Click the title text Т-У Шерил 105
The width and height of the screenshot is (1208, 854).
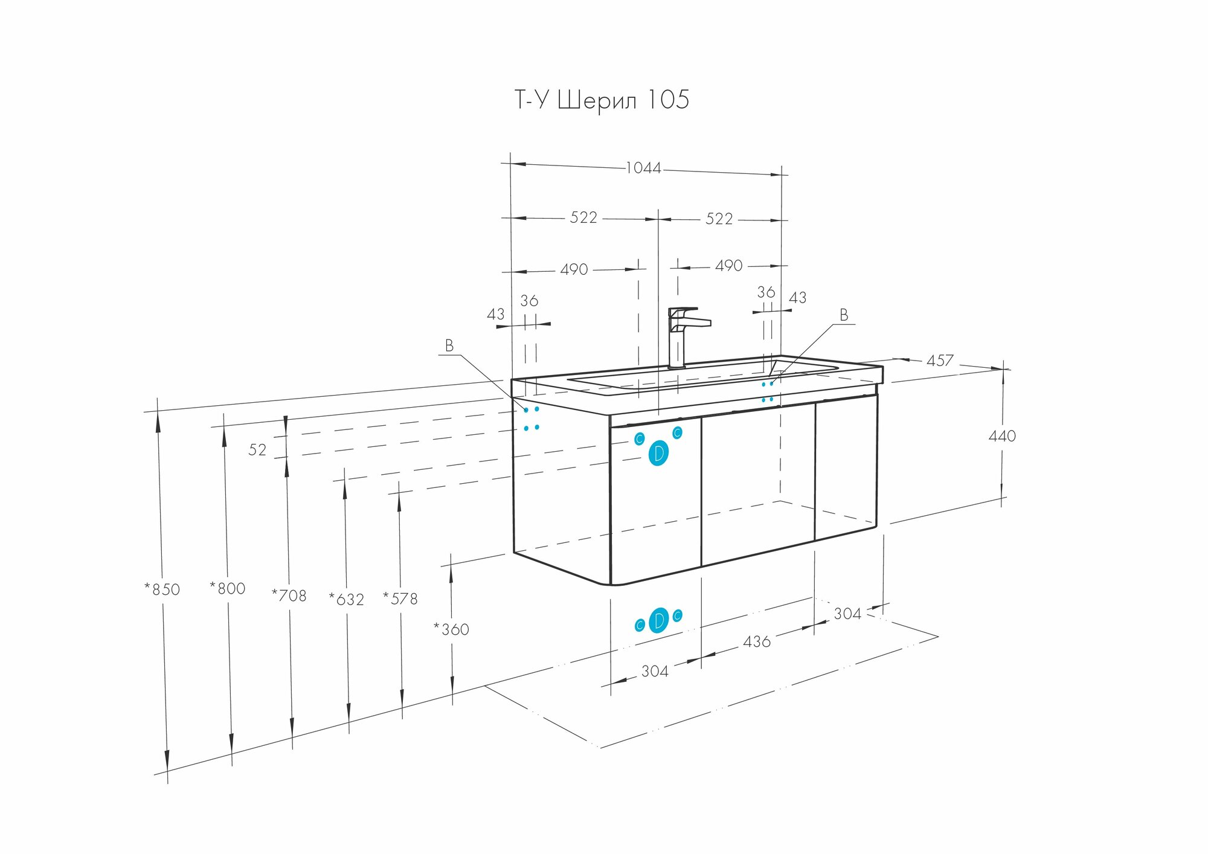coord(601,100)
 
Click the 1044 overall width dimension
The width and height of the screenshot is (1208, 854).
coord(643,168)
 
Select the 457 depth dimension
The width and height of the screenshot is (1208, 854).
coord(940,361)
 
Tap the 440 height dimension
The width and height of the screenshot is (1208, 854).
coord(1002,436)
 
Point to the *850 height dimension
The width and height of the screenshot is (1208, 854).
coord(162,589)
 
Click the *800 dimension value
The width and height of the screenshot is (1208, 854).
coord(228,588)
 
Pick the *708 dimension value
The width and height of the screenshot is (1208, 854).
coord(289,596)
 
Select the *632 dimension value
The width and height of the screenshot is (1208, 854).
coord(347,599)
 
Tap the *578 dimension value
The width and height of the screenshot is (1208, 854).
coord(400,599)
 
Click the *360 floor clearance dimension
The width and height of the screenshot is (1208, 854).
coord(451,629)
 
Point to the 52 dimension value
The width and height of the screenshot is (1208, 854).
coord(257,450)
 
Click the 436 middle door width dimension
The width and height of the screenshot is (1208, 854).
coord(757,641)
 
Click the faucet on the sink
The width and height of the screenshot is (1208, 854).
coord(683,335)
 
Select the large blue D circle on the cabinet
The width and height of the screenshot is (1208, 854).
coord(658,454)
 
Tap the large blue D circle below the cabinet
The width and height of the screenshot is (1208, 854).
coord(659,620)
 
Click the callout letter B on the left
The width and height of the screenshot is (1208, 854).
coord(449,346)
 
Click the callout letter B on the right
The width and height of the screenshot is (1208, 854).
coord(844,315)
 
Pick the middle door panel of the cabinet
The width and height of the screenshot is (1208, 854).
coord(758,483)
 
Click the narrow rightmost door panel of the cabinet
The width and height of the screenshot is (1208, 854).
coord(846,468)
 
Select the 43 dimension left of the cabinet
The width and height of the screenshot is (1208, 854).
coord(495,315)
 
